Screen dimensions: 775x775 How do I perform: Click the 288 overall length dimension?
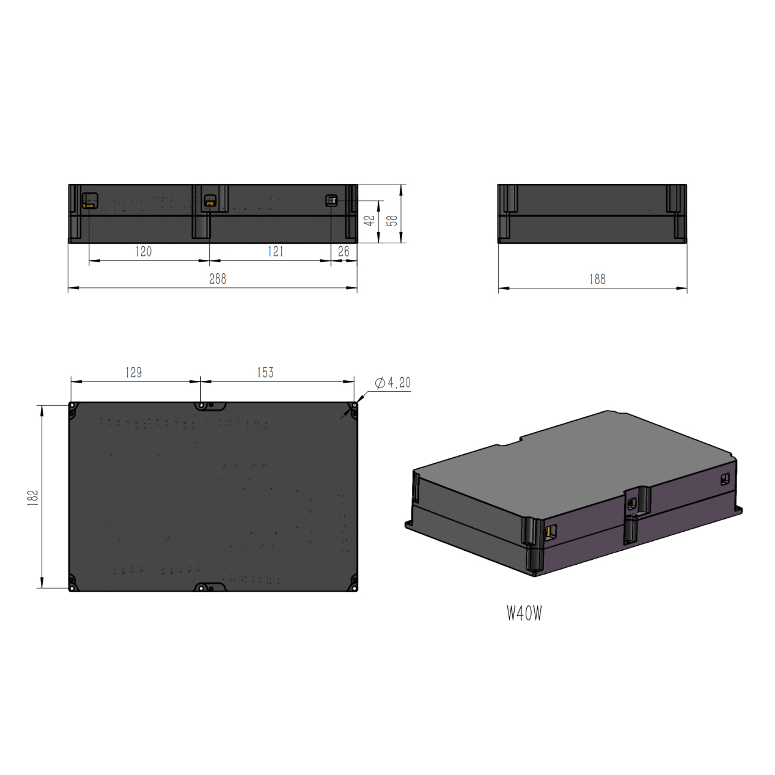click(x=218, y=279)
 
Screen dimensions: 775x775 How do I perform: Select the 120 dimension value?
click(x=143, y=252)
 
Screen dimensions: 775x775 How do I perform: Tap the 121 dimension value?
click(x=276, y=252)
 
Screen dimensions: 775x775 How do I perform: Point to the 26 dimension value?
click(x=343, y=252)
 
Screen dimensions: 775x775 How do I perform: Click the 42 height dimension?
click(x=369, y=221)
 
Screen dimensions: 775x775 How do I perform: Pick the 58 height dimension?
click(x=392, y=221)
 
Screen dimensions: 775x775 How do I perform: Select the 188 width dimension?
click(x=597, y=279)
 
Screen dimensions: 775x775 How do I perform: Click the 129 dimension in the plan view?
click(x=133, y=372)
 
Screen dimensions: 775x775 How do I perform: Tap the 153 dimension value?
click(x=265, y=372)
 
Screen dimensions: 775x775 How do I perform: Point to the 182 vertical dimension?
click(x=33, y=498)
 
